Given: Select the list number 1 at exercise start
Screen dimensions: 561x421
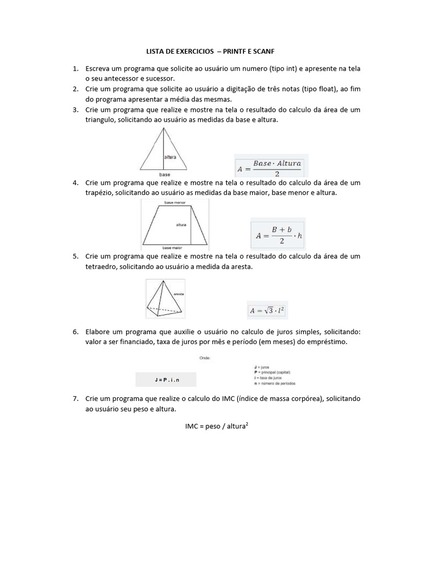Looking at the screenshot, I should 75,68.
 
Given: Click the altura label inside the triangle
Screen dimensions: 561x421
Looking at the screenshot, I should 170,156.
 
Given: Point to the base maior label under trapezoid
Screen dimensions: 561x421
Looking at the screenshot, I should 172,248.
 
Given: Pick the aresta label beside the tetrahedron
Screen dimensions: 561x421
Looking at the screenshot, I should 178,294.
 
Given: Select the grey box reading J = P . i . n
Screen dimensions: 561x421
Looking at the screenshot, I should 166,380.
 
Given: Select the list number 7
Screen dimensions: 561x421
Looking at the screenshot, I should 75,398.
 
